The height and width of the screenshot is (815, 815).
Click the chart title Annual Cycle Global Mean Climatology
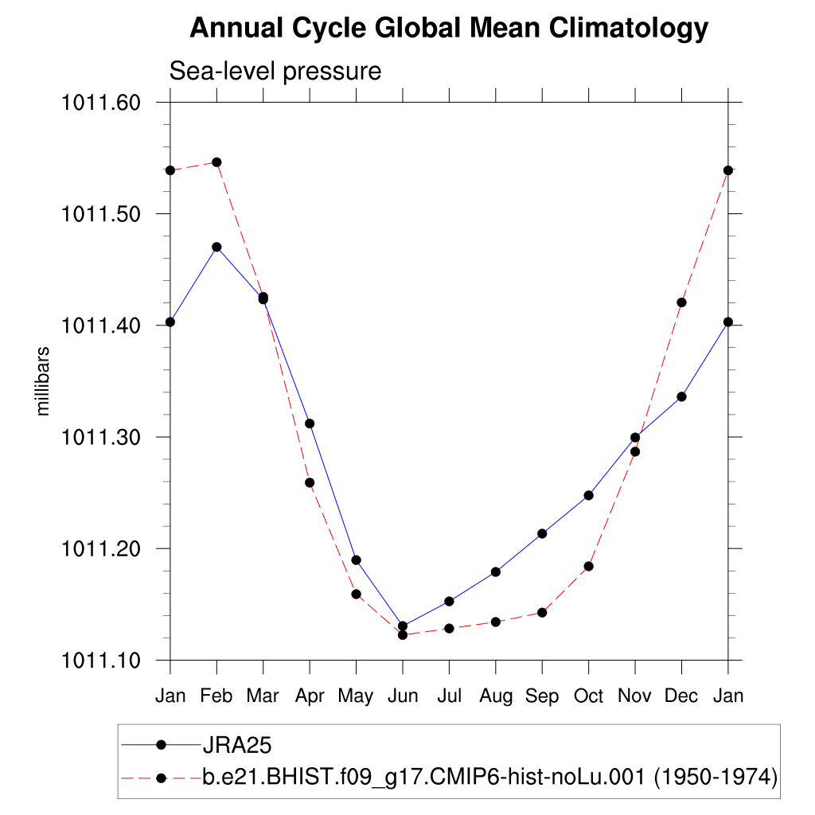pos(449,29)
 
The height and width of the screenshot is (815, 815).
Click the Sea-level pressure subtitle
pos(275,71)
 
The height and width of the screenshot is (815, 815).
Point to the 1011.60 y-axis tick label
pos(101,103)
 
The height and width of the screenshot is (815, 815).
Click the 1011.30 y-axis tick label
pos(101,437)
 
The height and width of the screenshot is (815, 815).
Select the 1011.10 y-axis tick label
pos(101,660)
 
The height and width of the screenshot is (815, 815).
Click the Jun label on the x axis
pos(403,696)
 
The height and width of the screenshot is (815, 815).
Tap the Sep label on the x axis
pos(542,696)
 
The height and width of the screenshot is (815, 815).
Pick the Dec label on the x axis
pos(681,696)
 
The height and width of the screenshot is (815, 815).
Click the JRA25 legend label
pos(238,745)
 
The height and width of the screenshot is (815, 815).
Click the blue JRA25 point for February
pos(216,247)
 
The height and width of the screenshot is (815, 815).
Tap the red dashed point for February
pos(216,162)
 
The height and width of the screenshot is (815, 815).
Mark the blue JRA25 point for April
pos(310,423)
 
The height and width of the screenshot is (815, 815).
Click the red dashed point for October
pos(589,567)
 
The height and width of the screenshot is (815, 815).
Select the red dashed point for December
pos(681,302)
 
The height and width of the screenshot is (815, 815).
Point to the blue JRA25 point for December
pos(681,396)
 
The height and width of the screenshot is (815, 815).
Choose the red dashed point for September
pos(542,613)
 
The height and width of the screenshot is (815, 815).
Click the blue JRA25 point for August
pos(496,571)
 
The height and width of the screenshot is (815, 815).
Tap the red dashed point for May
pos(357,594)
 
